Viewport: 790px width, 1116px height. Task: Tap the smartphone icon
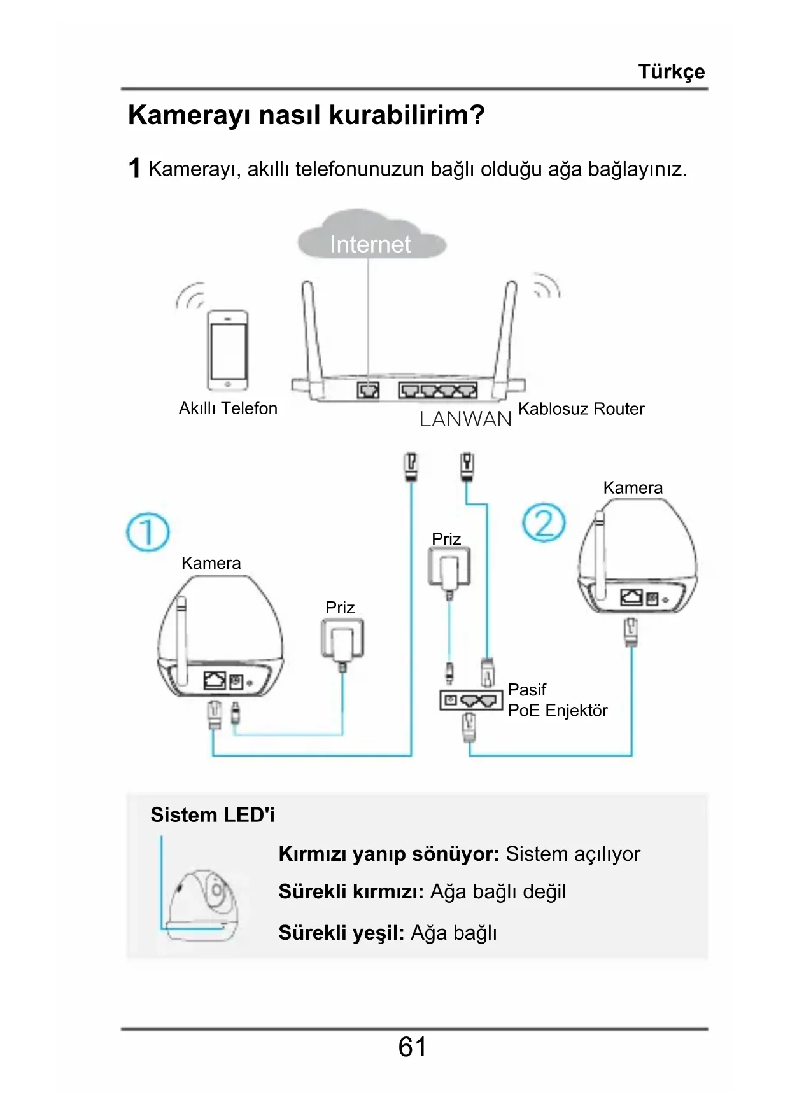point(228,350)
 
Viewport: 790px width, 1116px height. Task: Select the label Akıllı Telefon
point(228,408)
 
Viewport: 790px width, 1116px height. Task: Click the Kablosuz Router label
point(581,408)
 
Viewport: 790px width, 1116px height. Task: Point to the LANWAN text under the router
point(465,419)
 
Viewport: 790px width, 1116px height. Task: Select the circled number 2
point(544,523)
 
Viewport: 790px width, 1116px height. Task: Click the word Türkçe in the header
point(671,72)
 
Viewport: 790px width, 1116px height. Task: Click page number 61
point(413,1047)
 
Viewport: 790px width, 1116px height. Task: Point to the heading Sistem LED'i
point(213,815)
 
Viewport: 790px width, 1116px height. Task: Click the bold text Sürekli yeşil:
point(341,933)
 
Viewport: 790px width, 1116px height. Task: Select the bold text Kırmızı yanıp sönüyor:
point(389,854)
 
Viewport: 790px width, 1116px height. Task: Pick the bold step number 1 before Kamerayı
point(134,169)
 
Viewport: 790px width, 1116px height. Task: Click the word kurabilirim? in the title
point(407,115)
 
